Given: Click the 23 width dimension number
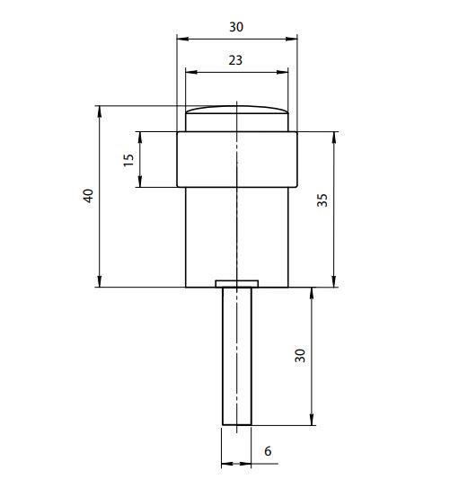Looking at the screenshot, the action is (235, 60).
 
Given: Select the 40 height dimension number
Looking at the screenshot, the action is (88, 196).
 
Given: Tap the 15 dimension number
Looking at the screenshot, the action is (128, 160).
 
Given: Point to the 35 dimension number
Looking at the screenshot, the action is (322, 200).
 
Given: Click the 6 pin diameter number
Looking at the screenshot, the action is (268, 451).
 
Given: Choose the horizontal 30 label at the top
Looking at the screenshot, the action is (236, 27).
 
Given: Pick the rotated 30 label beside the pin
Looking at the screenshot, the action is (300, 355).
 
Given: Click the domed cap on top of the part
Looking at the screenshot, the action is (237, 119).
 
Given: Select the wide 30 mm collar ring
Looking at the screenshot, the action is (237, 159).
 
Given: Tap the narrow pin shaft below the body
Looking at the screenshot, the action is (237, 356).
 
